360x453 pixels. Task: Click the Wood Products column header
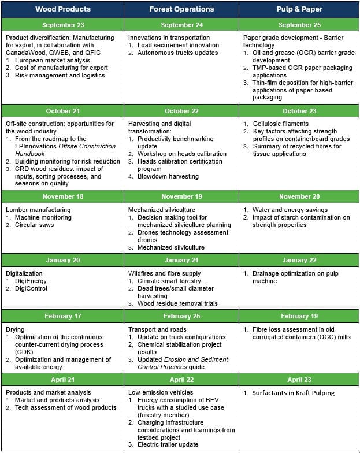coord(62,9)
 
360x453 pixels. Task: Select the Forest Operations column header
coord(181,9)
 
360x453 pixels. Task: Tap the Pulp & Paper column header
coord(299,9)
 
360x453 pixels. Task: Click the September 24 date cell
coord(181,25)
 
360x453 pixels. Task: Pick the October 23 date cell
coord(299,111)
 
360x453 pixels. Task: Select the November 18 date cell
coord(62,196)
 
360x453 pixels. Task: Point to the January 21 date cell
coord(181,260)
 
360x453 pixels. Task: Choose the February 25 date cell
coord(181,316)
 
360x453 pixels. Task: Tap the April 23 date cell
coord(299,380)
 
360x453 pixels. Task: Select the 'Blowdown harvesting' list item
coord(168,176)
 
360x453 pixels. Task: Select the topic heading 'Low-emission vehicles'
coord(160,392)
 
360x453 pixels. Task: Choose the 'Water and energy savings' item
coord(290,210)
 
